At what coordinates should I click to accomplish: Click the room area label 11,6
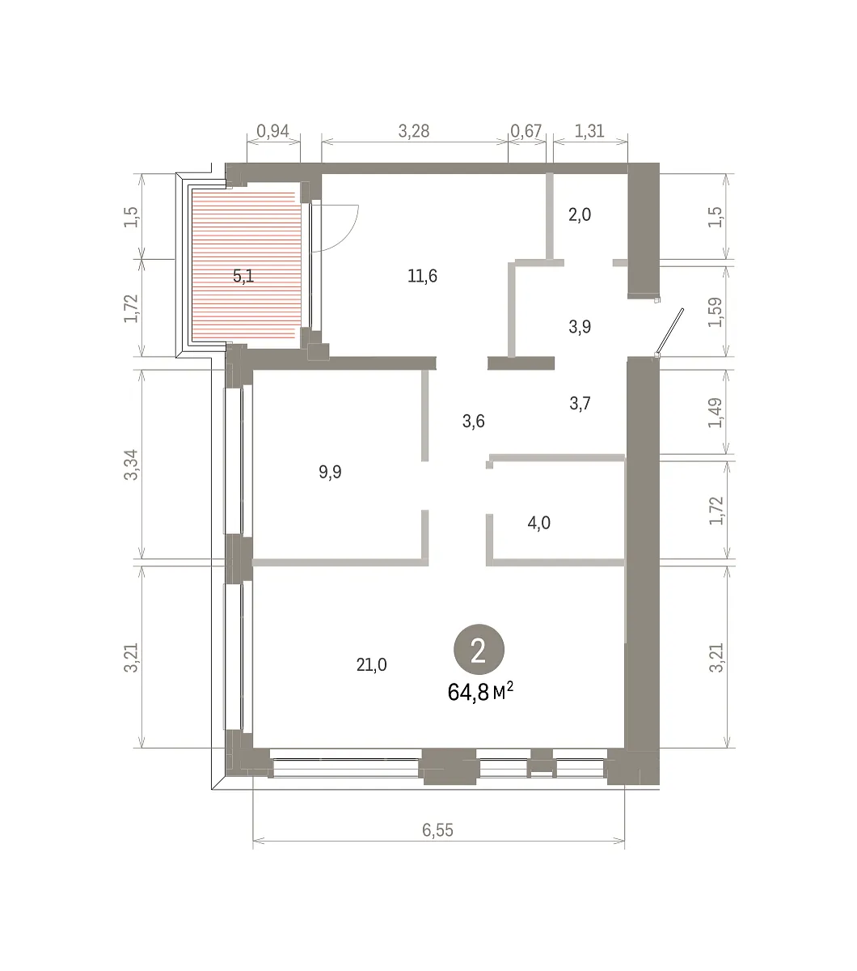point(422,276)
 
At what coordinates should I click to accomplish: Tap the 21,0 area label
point(371,665)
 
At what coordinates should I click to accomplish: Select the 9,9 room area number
point(330,472)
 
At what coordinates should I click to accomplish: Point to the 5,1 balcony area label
point(243,276)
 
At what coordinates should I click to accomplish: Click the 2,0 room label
point(580,214)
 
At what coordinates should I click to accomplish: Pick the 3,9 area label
point(580,327)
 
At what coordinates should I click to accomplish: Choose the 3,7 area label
point(580,404)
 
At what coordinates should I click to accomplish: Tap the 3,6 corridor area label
point(473,422)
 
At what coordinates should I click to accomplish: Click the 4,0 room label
point(539,523)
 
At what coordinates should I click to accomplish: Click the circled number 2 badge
point(479,650)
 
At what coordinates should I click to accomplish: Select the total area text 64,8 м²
point(480,692)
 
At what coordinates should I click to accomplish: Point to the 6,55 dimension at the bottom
point(438,829)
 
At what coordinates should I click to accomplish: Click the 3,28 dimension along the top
point(414,131)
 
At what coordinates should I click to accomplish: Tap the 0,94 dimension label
point(272,131)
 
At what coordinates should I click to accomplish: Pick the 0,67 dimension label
point(526,131)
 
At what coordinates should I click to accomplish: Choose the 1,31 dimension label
point(589,131)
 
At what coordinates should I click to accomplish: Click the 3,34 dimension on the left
point(131,464)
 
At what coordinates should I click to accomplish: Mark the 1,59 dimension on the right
point(716,312)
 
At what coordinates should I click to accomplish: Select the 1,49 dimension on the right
point(716,413)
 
